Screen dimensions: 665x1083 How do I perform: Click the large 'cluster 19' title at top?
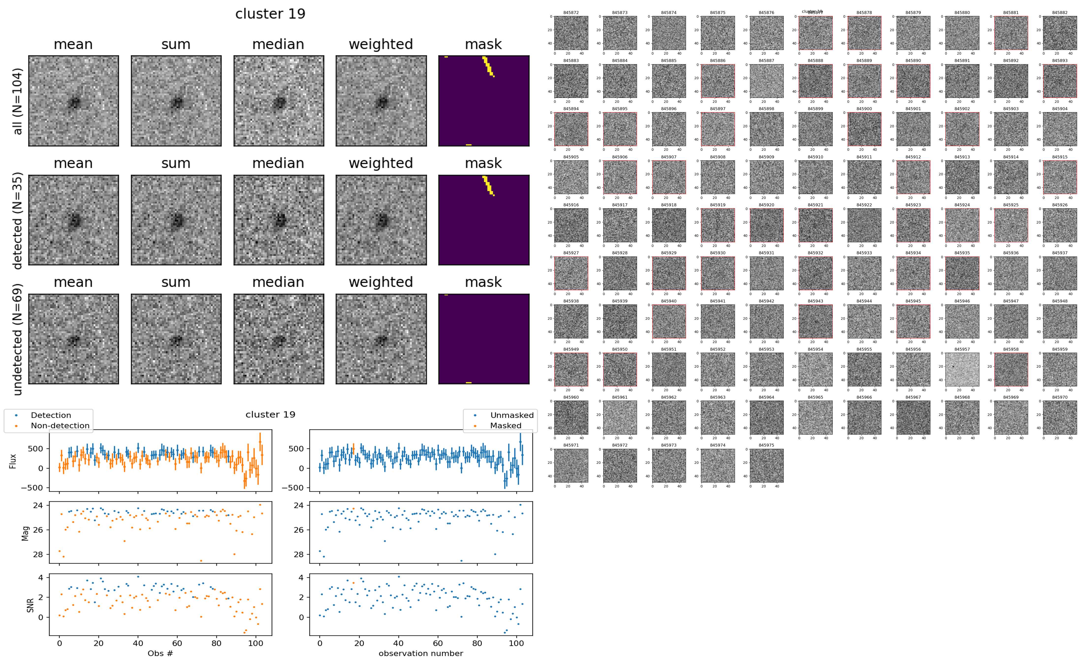pos(270,14)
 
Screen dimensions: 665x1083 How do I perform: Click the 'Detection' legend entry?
pos(51,415)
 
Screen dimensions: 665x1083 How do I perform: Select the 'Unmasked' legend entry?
pos(512,415)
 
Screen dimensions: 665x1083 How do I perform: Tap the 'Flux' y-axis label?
pos(13,460)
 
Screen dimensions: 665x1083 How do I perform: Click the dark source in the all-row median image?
pos(278,103)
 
